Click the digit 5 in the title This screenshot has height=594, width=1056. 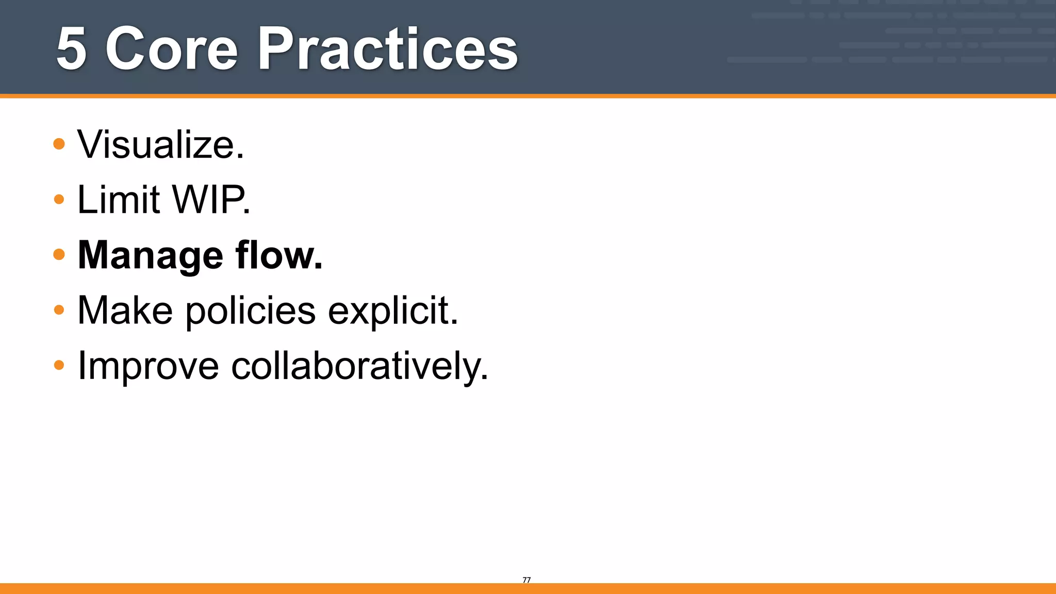71,49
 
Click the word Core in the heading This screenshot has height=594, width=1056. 171,49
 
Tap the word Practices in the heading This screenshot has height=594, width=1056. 387,49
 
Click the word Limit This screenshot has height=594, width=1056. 119,200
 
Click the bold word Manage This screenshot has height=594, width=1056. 150,256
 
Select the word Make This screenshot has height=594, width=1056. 125,310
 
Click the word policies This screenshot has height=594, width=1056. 250,311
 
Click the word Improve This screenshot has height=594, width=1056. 148,367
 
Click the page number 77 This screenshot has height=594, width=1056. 526,580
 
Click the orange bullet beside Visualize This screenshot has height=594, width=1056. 59,144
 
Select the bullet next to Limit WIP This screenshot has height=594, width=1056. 59,199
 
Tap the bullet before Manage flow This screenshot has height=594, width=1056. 59,254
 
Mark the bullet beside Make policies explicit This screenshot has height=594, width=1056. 59,310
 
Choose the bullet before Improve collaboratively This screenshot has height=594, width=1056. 59,365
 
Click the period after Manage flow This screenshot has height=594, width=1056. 318,267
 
